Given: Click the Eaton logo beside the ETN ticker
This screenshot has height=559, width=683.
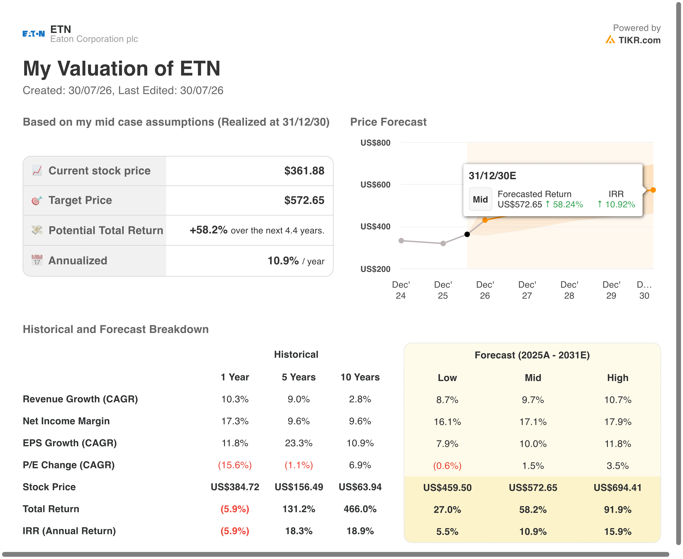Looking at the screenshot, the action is [34, 34].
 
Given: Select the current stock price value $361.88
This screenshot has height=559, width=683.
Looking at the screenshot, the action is [304, 171].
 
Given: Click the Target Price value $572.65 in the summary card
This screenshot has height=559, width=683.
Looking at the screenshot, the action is [304, 200].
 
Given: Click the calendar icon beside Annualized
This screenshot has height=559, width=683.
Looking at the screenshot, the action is [37, 260].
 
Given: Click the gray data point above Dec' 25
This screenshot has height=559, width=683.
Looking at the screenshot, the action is [443, 243].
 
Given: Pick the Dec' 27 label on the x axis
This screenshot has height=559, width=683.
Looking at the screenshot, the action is [527, 290].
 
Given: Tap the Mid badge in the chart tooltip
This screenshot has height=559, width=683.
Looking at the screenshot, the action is [480, 199].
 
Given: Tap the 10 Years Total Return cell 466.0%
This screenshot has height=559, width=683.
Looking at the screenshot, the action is [360, 509].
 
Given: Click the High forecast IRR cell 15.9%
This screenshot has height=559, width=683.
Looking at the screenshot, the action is [618, 532].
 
